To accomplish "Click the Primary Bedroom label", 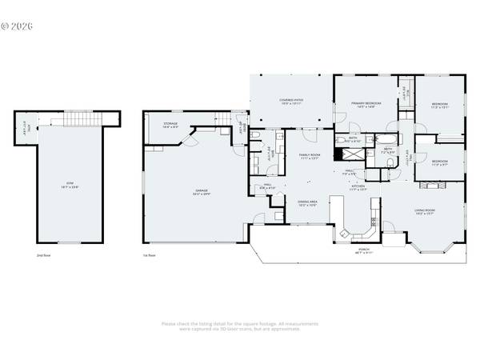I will pos(368,105).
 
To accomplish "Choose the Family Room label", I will pos(310,156).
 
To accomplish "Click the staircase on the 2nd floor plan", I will pos(80,120).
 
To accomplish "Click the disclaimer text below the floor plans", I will pos(240,326).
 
